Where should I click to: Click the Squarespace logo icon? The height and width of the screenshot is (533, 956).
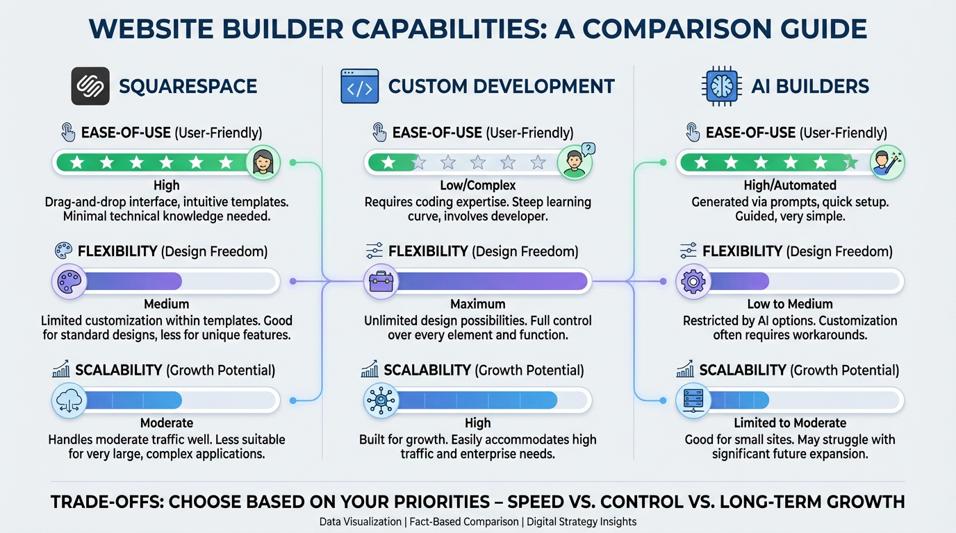(x=90, y=86)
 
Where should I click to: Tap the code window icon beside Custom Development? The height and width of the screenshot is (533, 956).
(x=359, y=86)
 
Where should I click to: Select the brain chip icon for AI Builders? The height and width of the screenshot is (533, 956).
(x=721, y=86)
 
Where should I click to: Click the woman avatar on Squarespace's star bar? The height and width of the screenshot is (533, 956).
(x=263, y=162)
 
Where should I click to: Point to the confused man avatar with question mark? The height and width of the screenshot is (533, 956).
(x=576, y=162)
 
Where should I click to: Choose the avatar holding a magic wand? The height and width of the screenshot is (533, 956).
(x=887, y=162)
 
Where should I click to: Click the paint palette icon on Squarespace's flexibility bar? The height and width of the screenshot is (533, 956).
(x=69, y=282)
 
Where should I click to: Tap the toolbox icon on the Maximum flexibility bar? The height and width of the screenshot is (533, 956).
(x=381, y=282)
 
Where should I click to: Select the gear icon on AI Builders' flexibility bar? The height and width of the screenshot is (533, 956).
(x=693, y=282)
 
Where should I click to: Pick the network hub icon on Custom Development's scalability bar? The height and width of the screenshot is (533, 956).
(x=381, y=400)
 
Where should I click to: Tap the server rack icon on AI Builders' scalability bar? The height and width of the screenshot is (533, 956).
(x=693, y=400)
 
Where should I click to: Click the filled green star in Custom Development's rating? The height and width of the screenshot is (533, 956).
(x=388, y=162)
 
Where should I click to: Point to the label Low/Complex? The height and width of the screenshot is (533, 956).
(x=477, y=185)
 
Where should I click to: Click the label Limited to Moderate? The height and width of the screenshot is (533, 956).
(x=790, y=423)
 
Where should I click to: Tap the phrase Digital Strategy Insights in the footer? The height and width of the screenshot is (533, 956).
(x=582, y=522)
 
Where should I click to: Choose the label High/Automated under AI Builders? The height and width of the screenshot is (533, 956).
(x=790, y=185)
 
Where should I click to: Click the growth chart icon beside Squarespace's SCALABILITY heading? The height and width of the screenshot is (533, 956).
(x=61, y=369)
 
